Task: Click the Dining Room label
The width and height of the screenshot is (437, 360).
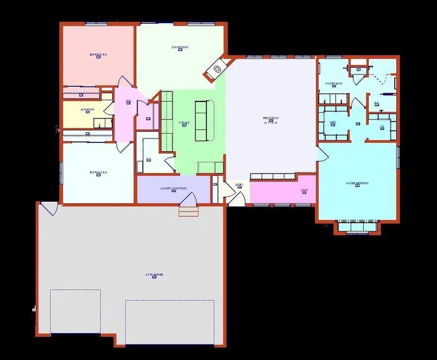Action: tap(180, 47)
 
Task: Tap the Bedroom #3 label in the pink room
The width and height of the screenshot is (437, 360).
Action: tap(98, 54)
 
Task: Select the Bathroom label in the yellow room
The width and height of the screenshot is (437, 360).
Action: tap(87, 110)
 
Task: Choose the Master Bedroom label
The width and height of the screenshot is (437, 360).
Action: tap(357, 183)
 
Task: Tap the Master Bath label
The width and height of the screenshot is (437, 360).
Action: tap(334, 84)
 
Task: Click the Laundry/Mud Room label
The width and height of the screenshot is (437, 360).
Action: tap(173, 189)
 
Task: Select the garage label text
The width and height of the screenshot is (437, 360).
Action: tap(154, 274)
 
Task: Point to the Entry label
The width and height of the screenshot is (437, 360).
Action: tap(239, 185)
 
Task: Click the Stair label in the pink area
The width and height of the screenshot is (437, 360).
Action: tap(304, 190)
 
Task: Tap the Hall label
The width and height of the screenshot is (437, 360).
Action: tap(128, 101)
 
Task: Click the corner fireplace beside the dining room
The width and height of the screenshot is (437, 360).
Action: tap(217, 69)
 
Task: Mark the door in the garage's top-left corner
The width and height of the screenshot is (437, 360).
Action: tap(49, 209)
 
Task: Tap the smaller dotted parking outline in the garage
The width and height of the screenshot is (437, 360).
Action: tap(75, 311)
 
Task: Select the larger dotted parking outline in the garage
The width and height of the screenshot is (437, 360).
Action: tap(169, 321)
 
